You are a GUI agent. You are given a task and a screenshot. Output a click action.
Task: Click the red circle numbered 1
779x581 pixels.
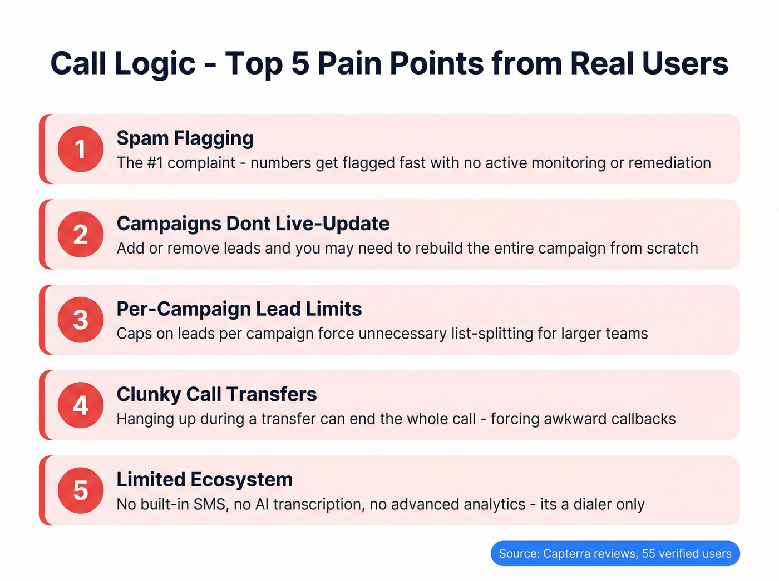(x=81, y=149)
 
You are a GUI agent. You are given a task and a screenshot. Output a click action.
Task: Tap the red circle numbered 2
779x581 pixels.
(x=81, y=234)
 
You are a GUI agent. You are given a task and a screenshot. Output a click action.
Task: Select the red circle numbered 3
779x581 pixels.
(x=81, y=320)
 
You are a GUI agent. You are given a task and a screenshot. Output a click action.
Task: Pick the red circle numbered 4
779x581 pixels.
(x=81, y=405)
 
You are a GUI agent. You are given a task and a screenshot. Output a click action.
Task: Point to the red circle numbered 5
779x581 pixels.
(x=81, y=490)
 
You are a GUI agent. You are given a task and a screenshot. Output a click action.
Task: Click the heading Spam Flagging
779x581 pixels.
(x=185, y=138)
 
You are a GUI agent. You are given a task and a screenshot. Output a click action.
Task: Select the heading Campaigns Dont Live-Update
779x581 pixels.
(x=253, y=224)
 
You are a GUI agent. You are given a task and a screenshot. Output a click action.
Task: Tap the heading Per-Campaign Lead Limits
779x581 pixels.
(x=239, y=309)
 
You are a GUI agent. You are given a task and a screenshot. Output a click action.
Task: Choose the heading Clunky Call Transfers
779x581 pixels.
(x=216, y=394)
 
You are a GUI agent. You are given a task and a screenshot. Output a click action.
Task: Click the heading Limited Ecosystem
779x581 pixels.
(x=204, y=479)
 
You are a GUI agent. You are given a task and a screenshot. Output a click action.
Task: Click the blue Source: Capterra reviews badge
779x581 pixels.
(x=615, y=553)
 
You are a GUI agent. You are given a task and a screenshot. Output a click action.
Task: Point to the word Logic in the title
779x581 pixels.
(x=155, y=63)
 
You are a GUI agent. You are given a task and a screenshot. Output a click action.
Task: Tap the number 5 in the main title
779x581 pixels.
(x=300, y=63)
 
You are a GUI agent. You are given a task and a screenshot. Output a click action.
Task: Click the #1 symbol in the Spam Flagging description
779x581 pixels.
(x=155, y=163)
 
